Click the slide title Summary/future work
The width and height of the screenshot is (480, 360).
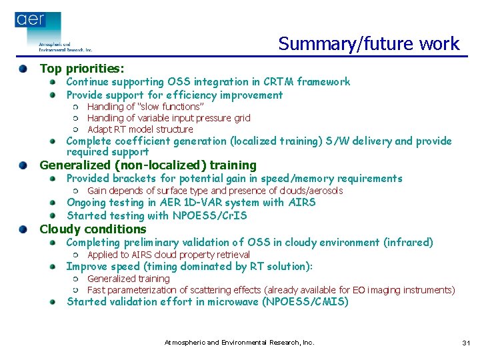pos(369,44)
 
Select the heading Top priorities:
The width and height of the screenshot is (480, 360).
pos(82,68)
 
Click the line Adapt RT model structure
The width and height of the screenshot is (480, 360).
pos(140,129)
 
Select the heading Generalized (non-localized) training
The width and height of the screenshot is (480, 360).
pos(148,165)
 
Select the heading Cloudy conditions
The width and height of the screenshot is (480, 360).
pos(93,229)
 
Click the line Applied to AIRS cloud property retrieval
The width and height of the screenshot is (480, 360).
pos(169,255)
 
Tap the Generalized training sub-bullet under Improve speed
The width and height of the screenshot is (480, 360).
pos(128,279)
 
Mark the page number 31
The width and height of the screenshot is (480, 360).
pos(465,343)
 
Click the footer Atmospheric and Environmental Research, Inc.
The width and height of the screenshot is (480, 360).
pos(239,343)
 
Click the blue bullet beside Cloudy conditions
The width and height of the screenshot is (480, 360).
pos(25,229)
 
